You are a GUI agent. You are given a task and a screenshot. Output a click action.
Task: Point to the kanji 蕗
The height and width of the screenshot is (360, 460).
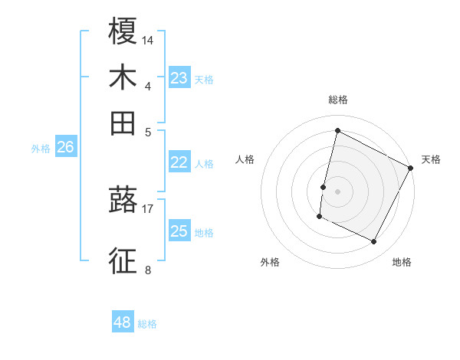tap(123, 201)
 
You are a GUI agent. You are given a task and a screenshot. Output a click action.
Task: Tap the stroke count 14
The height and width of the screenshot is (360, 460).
tap(148, 39)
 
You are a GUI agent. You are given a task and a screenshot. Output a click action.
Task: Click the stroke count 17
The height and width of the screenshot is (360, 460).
tap(148, 208)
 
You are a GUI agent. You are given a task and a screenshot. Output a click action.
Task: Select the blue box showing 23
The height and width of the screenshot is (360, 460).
tap(179, 78)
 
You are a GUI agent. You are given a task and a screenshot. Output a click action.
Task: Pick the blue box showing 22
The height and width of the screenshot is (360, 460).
tap(179, 162)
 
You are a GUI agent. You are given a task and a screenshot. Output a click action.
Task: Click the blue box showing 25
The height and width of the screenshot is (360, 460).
tap(179, 231)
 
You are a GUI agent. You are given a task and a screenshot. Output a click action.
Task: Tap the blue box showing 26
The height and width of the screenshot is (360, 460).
tap(65, 148)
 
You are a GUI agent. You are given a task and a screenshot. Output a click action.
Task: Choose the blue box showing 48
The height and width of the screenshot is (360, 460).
tap(123, 322)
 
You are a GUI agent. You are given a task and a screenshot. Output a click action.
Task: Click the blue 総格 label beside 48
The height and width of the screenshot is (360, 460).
tap(147, 324)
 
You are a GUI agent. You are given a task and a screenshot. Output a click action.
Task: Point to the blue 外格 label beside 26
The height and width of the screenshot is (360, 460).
tap(41, 149)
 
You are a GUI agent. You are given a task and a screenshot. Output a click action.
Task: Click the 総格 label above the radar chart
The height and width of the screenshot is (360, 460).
tap(337, 100)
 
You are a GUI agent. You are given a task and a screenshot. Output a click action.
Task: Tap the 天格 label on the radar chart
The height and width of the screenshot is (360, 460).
tap(431, 159)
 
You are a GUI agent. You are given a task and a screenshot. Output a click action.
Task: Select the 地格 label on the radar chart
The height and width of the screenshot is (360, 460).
tap(402, 262)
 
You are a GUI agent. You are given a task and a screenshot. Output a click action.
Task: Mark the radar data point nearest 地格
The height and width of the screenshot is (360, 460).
tap(374, 242)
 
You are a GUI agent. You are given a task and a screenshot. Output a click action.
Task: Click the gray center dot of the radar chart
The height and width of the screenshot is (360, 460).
tap(337, 191)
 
